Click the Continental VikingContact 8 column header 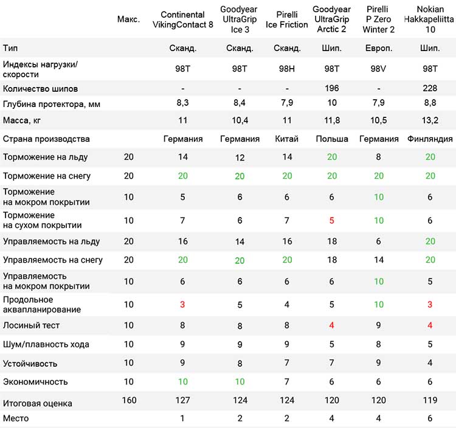[x=182, y=19]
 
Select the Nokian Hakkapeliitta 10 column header [x=429, y=19]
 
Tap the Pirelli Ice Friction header [x=286, y=19]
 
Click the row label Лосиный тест [x=31, y=325]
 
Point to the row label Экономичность [x=35, y=382]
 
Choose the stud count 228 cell [x=430, y=88]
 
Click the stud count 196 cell [x=331, y=88]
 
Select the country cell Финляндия [x=430, y=139]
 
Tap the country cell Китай [x=287, y=139]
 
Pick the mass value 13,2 [x=430, y=120]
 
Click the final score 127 [x=182, y=401]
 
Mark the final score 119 [x=430, y=401]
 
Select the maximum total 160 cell [x=129, y=401]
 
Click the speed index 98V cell [x=378, y=69]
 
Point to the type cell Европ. [x=379, y=48]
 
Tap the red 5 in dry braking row [x=331, y=221]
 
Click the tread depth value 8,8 [x=430, y=103]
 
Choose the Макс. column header [x=128, y=19]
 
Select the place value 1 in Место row [x=182, y=418]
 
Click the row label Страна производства [x=46, y=139]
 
